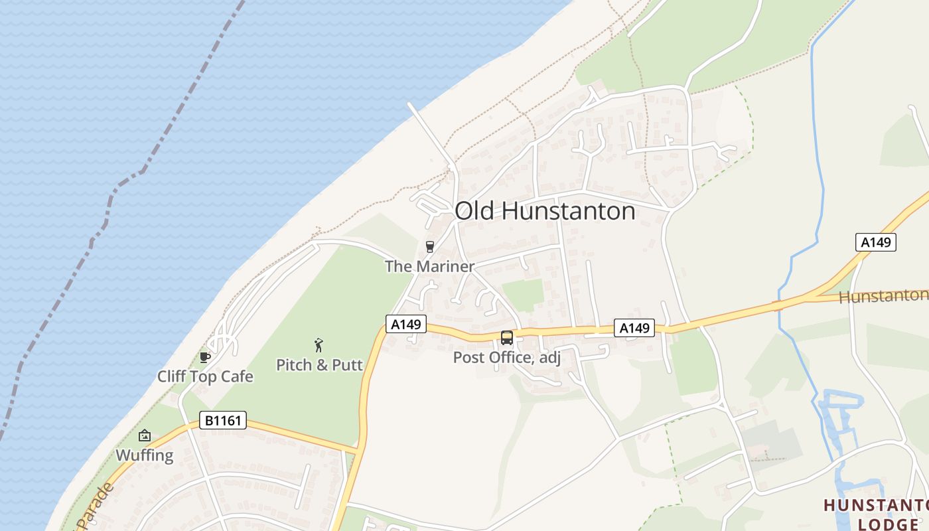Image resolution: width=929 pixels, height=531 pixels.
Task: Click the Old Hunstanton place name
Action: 545,211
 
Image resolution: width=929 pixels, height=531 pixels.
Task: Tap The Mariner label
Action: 429,266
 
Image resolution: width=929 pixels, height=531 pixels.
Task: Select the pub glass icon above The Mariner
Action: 430,247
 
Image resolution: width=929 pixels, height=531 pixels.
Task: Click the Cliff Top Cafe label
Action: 205,376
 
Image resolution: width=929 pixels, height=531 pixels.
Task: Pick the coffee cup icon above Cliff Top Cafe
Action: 205,358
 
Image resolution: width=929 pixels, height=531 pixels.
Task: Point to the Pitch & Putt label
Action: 319,364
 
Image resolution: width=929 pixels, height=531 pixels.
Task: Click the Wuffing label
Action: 144,455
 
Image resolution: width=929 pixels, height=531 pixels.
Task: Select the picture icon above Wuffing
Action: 144,436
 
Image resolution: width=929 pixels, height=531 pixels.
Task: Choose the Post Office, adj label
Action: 506,358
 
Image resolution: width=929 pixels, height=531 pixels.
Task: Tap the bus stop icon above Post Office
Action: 507,338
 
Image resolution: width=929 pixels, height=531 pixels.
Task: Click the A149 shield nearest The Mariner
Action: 405,324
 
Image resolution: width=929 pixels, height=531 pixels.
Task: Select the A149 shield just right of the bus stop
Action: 634,327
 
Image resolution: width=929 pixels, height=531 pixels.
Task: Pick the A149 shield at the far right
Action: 875,242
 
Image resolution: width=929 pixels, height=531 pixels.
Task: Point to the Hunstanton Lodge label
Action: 876,514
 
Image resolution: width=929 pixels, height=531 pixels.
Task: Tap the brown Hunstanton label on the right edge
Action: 883,296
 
